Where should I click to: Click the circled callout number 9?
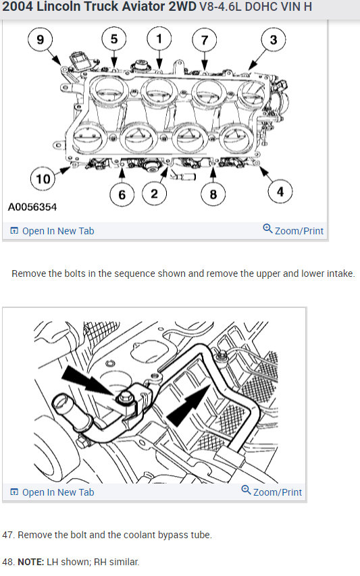click(41, 40)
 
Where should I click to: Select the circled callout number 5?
click(114, 39)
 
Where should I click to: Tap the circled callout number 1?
click(159, 38)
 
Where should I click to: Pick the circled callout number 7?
click(205, 40)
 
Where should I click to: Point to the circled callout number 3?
click(274, 40)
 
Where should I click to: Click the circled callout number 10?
click(43, 179)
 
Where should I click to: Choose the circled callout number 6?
click(122, 194)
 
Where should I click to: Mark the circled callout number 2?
click(154, 194)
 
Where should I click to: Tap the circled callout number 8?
click(213, 194)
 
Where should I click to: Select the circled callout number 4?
click(280, 191)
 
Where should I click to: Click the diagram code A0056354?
click(32, 207)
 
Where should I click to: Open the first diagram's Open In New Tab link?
click(52, 231)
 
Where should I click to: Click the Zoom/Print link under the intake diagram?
click(293, 230)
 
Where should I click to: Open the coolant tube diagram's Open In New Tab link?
click(52, 492)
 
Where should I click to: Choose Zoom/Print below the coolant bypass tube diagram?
click(272, 492)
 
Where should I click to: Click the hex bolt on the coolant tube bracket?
click(125, 398)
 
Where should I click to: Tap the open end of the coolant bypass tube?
click(61, 404)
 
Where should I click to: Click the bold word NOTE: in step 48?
click(31, 562)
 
